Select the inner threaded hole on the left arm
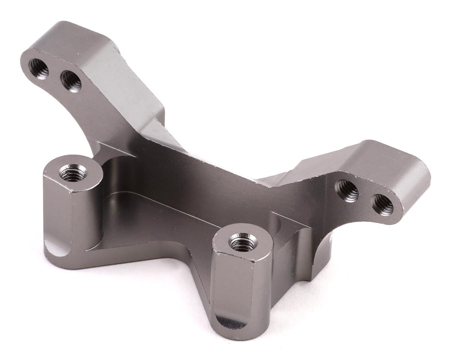tap(71, 81)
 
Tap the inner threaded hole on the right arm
tap(347, 191)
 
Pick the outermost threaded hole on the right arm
tap(383, 204)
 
